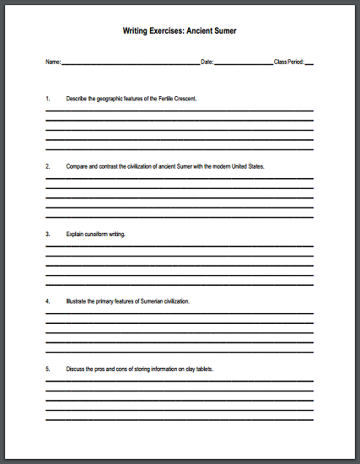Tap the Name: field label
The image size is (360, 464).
53,62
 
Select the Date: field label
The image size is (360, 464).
207,62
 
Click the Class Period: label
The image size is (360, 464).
288,62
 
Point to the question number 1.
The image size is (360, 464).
48,99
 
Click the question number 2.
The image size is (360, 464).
48,166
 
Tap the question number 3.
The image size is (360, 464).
48,234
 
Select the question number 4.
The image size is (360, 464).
48,301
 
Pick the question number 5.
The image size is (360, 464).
48,369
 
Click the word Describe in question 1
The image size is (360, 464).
77,99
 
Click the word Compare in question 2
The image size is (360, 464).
78,166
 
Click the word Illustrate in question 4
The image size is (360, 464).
77,301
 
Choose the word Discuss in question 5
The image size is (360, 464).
76,369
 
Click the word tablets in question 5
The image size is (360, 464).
202,369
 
